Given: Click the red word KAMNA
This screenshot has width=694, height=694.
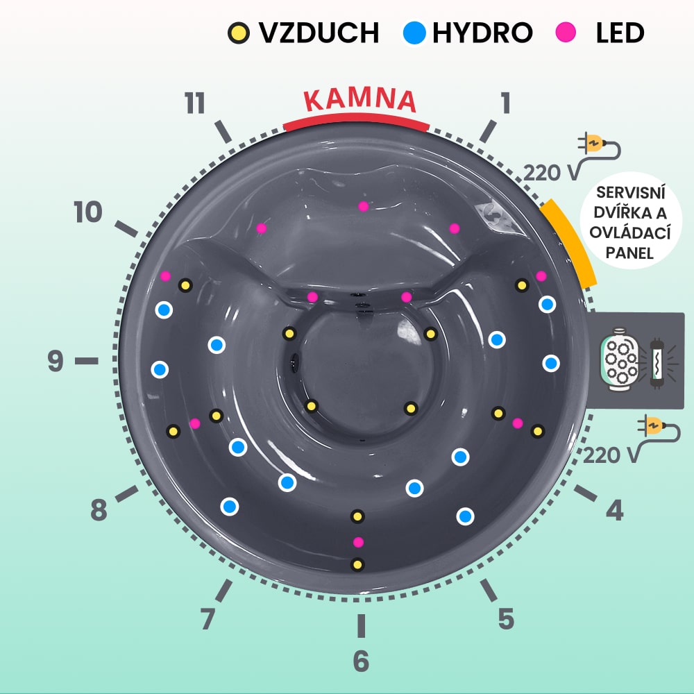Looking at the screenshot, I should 360,101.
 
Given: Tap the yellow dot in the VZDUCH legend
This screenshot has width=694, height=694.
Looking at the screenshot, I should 237,33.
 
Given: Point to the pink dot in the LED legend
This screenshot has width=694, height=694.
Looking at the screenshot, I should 566,32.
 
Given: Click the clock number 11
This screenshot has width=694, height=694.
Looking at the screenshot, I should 195,103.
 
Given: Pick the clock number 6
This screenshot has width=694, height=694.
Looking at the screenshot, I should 361,661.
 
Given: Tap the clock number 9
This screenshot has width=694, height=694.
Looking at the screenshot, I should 56,362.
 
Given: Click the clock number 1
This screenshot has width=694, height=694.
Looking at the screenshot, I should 505,103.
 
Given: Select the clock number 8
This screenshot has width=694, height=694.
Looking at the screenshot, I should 99,511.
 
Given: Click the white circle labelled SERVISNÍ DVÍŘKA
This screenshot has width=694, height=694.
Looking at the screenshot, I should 630,220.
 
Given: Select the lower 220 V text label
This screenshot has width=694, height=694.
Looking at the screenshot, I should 611,455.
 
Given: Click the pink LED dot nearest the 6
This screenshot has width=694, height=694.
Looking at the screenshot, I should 358,542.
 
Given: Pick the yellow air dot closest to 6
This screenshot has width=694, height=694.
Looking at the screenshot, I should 357,565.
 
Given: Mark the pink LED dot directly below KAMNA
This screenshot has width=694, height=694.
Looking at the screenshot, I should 362,206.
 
